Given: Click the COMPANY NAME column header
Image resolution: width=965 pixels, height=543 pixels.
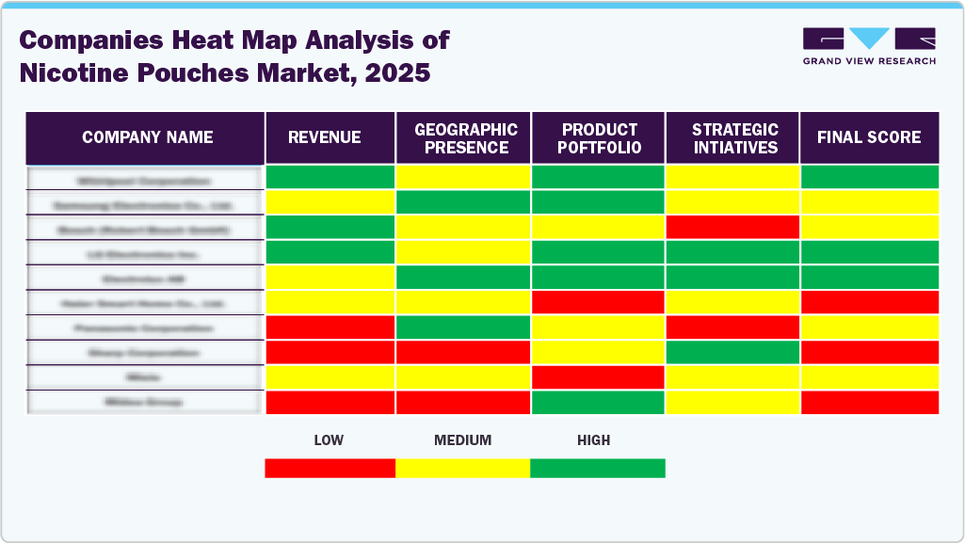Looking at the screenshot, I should [x=147, y=137].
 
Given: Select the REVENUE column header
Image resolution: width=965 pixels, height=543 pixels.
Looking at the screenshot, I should [x=324, y=137].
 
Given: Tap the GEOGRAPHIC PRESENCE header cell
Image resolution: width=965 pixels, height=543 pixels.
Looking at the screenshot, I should [x=466, y=138].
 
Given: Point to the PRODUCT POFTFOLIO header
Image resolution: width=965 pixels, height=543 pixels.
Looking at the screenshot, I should [x=600, y=138].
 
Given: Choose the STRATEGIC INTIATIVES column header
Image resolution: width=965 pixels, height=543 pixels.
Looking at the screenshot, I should [x=734, y=138].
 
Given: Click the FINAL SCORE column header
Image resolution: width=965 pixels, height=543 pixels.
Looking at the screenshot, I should [x=868, y=137].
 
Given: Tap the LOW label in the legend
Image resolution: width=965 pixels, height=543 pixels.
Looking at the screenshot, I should [x=328, y=439].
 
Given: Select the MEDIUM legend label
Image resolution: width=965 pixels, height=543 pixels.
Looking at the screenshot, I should [x=462, y=439].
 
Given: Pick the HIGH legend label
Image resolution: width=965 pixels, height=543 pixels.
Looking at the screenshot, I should [x=593, y=439].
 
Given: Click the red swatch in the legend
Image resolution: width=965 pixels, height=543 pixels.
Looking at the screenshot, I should [x=330, y=468].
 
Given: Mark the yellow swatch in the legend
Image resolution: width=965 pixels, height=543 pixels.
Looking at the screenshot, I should [x=462, y=468].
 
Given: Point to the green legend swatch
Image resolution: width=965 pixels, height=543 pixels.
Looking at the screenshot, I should [x=598, y=468].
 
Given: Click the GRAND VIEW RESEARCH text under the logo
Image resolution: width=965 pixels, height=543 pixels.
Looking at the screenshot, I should [x=868, y=61].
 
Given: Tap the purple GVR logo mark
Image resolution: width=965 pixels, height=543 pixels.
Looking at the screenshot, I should [x=868, y=39].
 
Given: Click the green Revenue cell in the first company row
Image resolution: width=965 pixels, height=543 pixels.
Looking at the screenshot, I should [x=330, y=176].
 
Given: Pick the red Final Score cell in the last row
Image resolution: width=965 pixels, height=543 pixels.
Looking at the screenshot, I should [x=869, y=402].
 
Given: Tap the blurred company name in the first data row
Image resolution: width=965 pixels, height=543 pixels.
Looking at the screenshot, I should [x=145, y=179].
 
